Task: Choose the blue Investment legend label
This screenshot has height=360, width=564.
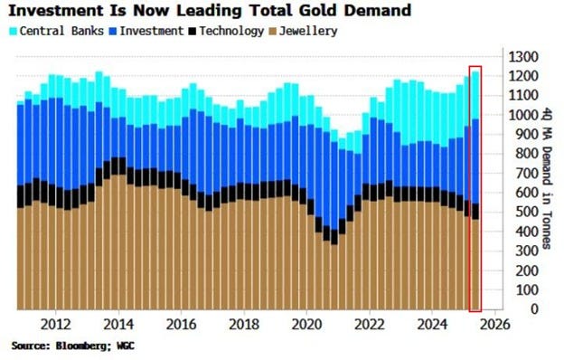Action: [x=145, y=32]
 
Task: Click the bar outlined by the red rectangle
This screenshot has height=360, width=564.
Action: [x=475, y=190]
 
